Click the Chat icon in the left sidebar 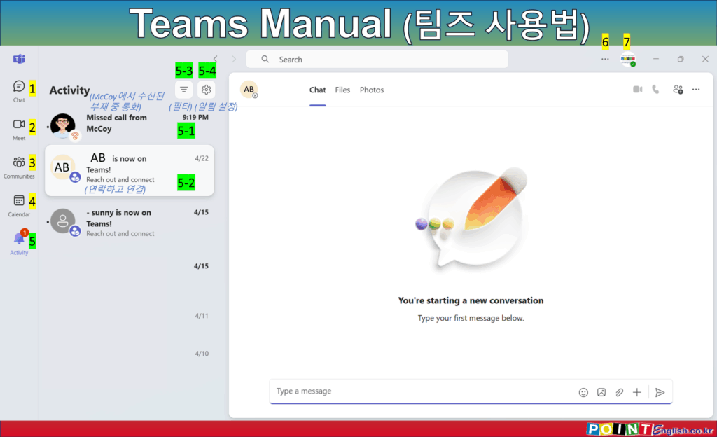(19, 86)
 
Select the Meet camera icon (19, 124)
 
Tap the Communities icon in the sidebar (19, 162)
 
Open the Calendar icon (19, 200)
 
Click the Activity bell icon (19, 238)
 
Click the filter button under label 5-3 (183, 90)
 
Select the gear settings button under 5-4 (207, 90)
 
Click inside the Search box (377, 60)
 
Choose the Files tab (342, 90)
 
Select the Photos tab (372, 90)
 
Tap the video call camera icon (637, 89)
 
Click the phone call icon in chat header (655, 89)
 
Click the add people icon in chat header (678, 90)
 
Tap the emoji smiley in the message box (583, 392)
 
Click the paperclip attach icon (619, 392)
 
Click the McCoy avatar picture (62, 125)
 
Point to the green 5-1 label (186, 131)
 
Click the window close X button (705, 59)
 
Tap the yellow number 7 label (627, 41)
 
